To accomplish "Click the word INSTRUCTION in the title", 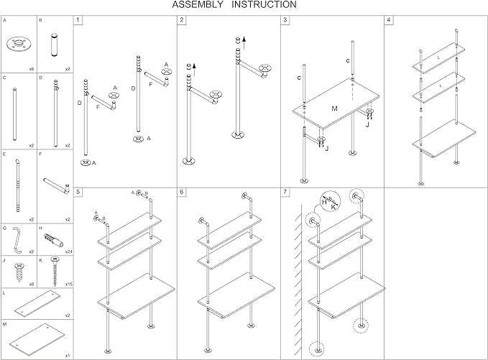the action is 264,4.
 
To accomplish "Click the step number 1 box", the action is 78,20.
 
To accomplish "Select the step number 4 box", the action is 389,20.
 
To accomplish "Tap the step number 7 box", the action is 285,192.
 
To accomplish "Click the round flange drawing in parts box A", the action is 19,44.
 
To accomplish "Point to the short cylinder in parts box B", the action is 55,45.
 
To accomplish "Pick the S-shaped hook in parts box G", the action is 17,240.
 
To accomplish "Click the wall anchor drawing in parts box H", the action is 54,240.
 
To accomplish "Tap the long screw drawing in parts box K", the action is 55,272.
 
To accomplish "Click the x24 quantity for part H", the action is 69,251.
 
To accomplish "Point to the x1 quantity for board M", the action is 68,356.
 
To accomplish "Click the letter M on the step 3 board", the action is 335,109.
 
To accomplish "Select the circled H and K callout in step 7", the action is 331,201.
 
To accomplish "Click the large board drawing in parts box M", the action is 37,339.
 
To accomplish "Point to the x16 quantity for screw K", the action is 69,285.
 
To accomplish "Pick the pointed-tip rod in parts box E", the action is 18,185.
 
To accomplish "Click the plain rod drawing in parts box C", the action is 15,114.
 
